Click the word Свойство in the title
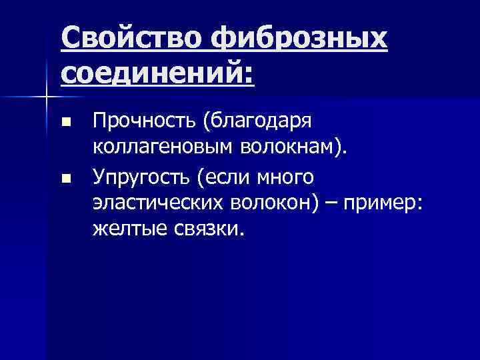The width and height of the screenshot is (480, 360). point(131,39)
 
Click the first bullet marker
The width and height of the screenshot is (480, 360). point(65,123)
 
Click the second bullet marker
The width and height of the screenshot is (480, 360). point(65,179)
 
